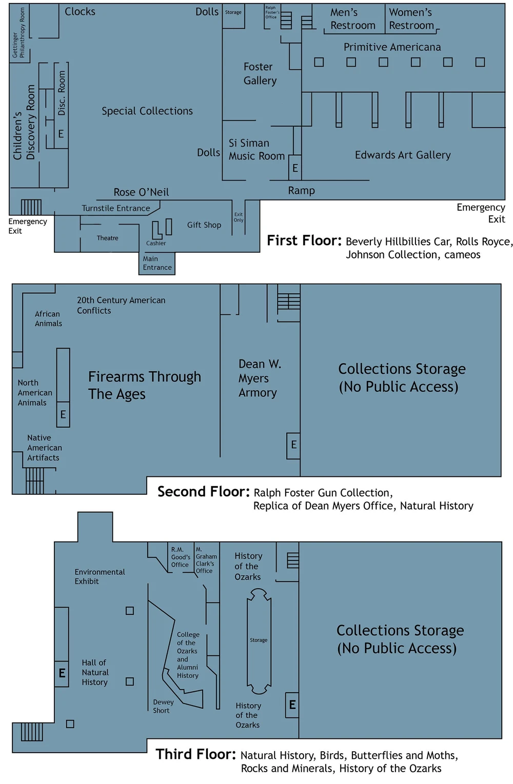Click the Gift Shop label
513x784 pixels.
(204, 225)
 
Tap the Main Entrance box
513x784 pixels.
(157, 263)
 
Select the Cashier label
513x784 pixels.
(156, 243)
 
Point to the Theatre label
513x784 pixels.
(107, 238)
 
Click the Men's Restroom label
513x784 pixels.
(352, 19)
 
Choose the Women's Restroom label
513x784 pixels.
(411, 19)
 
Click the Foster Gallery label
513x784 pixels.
(260, 74)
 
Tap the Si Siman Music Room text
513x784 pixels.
(256, 150)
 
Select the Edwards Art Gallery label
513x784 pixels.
(403, 155)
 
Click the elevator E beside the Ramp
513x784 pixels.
(295, 168)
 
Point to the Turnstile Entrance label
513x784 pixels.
(116, 208)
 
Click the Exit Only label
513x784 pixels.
(239, 217)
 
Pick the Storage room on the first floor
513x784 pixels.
(233, 12)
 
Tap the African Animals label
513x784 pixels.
(48, 318)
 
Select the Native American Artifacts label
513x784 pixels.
(44, 448)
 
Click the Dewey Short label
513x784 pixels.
(163, 706)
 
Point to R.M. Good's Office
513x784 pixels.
(180, 557)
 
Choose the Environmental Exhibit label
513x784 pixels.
(100, 576)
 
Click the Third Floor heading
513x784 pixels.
(195, 754)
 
